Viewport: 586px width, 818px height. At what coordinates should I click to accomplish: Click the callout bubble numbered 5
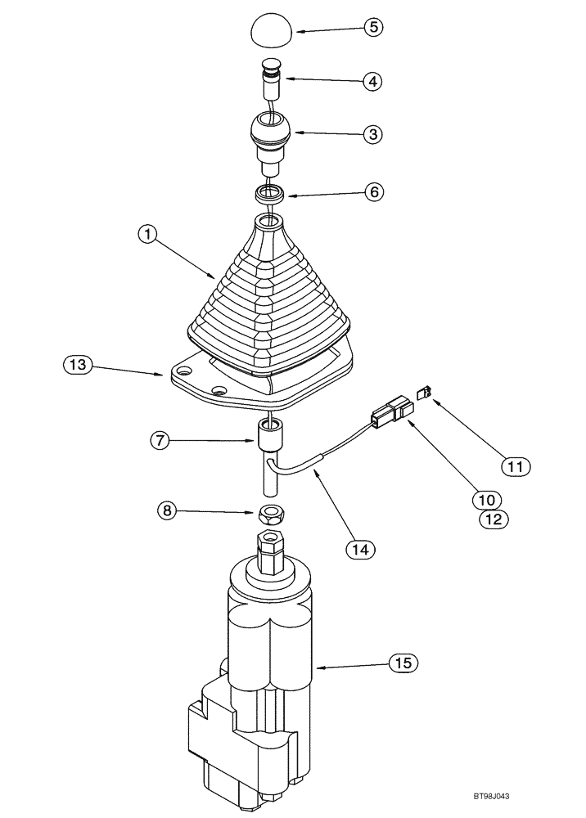[x=373, y=27]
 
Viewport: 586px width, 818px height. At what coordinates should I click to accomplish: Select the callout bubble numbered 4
[x=373, y=82]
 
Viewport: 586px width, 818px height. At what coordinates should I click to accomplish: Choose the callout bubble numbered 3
[x=373, y=134]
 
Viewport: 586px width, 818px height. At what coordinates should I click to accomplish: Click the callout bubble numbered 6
[x=373, y=192]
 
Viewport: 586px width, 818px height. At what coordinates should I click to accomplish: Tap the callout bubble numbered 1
[x=147, y=236]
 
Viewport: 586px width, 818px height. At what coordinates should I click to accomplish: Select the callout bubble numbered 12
[x=494, y=518]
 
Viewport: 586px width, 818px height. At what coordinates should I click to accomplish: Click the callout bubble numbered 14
[x=358, y=550]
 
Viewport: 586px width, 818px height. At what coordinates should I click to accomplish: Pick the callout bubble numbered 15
[x=403, y=662]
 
